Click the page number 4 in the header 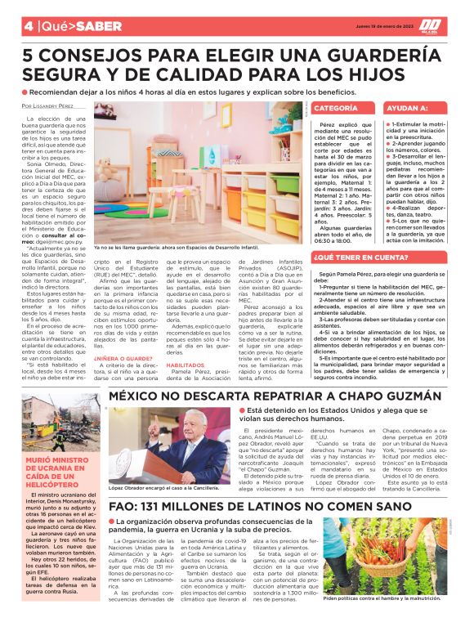(28, 25)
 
